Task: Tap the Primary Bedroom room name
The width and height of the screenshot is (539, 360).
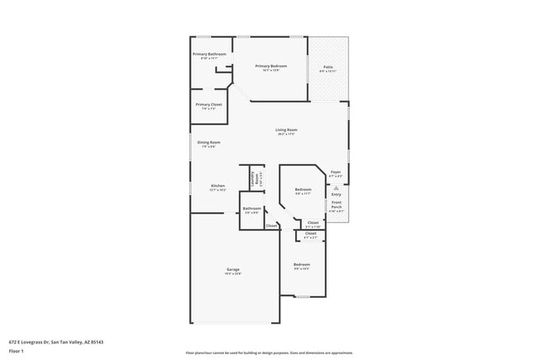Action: [x=272, y=66]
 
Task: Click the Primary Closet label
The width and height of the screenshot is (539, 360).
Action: [x=208, y=104]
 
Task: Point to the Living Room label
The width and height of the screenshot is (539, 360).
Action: [x=287, y=129]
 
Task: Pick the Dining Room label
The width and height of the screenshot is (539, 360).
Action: [x=208, y=142]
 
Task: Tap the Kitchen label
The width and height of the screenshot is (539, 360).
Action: [x=217, y=185]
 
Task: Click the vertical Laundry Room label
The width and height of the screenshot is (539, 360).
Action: [x=254, y=178]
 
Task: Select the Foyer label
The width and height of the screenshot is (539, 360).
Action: [x=336, y=172]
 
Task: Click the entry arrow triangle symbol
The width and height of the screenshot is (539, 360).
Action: [x=336, y=187]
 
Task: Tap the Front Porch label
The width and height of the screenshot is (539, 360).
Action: [x=337, y=205]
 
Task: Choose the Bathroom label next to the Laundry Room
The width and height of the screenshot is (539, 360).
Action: [x=252, y=208]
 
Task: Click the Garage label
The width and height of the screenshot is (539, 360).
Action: [x=233, y=270]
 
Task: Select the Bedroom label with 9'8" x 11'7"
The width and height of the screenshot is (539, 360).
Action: [x=302, y=189]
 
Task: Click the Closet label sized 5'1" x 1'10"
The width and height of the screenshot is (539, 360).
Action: [x=313, y=221]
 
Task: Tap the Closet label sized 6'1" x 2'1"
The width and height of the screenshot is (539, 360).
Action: [x=310, y=233]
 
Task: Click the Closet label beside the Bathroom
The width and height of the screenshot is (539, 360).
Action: [x=271, y=226]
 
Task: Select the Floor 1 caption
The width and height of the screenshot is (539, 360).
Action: [x=17, y=351]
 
